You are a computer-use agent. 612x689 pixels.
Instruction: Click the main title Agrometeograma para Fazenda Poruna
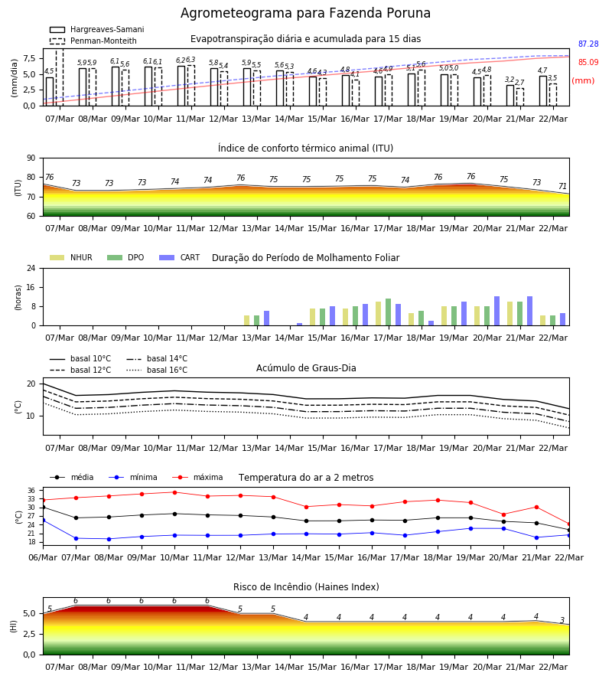click(305, 13)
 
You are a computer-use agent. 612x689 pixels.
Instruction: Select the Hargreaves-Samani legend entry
click(96, 29)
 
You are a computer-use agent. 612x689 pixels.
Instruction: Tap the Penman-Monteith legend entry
click(93, 41)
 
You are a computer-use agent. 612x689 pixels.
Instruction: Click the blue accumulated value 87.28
click(588, 44)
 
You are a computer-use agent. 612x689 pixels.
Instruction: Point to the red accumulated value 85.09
click(588, 63)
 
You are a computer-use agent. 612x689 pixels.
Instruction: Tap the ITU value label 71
click(562, 186)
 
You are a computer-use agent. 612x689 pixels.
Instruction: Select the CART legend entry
click(180, 257)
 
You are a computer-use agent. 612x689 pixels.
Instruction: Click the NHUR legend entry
click(71, 257)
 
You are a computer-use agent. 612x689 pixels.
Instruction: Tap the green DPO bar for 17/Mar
click(388, 312)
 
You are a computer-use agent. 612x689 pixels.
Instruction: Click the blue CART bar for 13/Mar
click(266, 318)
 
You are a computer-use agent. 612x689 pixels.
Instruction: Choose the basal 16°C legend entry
click(157, 370)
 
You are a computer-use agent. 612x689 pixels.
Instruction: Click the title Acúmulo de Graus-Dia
click(306, 368)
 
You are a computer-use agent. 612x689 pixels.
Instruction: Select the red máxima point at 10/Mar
click(174, 492)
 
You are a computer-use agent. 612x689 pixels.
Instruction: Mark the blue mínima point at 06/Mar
click(43, 521)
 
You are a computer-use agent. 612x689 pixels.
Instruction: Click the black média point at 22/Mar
click(569, 531)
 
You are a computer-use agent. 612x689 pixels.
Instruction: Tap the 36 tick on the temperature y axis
click(31, 491)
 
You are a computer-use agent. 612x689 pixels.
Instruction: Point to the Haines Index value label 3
click(562, 620)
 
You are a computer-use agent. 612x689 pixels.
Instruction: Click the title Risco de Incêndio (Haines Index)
click(306, 587)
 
